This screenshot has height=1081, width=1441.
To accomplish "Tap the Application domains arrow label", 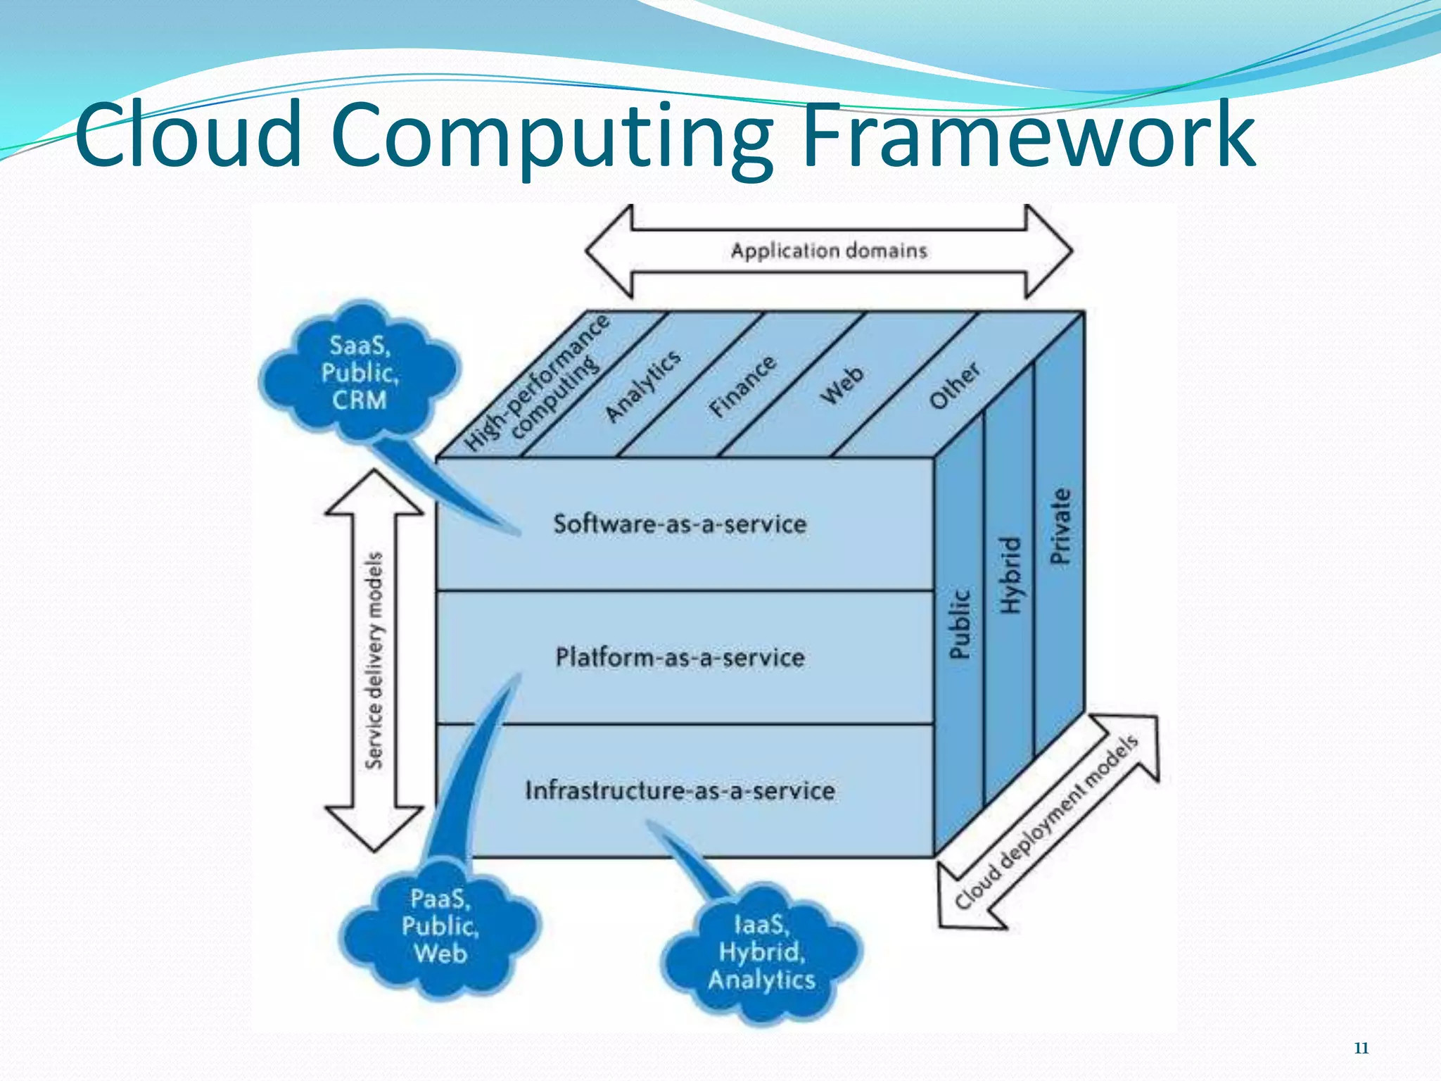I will [829, 251].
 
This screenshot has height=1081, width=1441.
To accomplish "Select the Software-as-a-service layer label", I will [680, 524].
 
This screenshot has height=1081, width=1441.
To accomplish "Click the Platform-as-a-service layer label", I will [680, 657].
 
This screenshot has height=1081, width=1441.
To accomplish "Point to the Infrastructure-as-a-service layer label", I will [680, 790].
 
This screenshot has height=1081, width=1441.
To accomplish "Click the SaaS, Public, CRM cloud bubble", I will [360, 373].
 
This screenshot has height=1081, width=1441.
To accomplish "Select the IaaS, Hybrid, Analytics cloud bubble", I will [761, 952].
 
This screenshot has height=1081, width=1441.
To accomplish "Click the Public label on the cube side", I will [960, 624].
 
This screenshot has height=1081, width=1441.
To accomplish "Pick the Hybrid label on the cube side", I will [1010, 574].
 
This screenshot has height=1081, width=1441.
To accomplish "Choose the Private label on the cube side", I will [1060, 526].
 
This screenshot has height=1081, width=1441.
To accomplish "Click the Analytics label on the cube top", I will [643, 386].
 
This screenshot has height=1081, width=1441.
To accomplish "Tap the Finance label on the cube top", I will [743, 386].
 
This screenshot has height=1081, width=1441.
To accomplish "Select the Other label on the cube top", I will [954, 386].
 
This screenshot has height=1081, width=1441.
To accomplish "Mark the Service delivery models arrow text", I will [374, 660].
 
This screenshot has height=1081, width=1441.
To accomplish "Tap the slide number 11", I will [1361, 1048].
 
